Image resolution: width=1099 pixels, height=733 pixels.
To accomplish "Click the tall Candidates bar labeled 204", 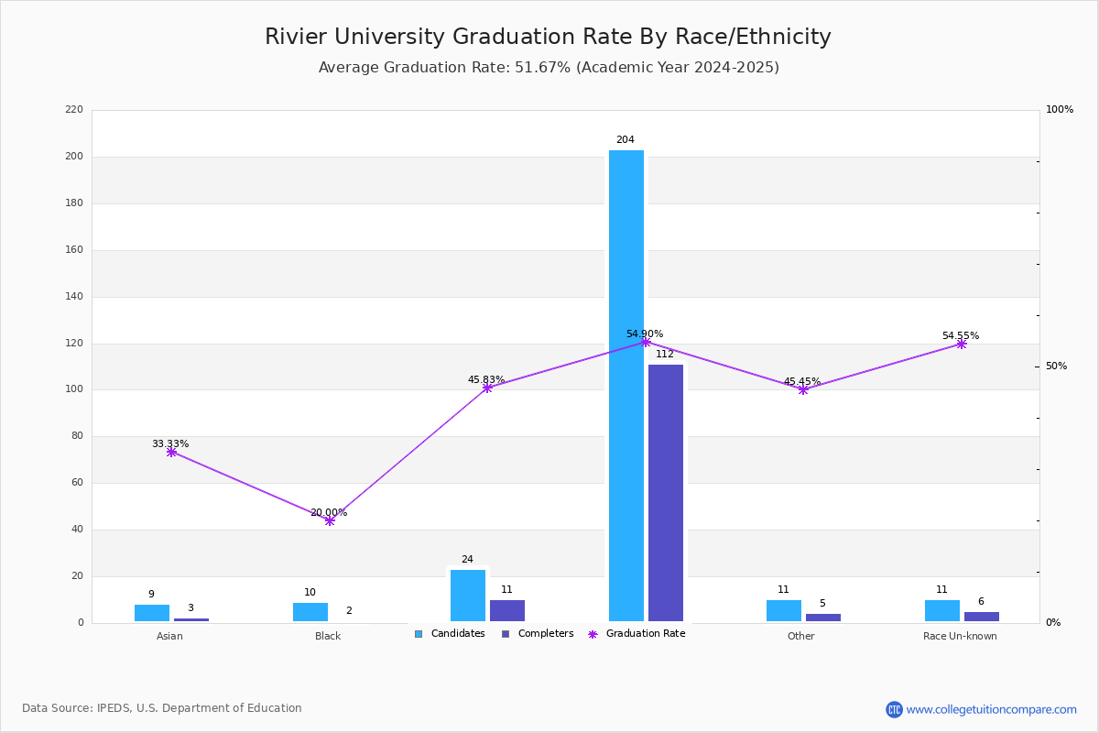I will point(626,385).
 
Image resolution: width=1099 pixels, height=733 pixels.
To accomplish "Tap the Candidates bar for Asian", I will point(152,613).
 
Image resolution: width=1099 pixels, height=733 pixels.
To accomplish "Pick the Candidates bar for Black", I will point(310,612).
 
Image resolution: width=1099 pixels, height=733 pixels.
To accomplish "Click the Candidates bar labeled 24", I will point(468,596).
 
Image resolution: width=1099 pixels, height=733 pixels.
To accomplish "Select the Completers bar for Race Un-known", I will point(981,617).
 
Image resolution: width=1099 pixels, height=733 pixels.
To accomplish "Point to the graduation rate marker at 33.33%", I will point(171,452).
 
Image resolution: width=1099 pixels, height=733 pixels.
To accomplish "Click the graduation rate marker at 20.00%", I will point(330,520).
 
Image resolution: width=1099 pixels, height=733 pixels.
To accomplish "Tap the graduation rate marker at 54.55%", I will point(961,344).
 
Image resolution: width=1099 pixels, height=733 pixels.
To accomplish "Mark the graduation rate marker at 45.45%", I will point(803,389).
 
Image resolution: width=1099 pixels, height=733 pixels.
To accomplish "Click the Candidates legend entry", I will point(450,634).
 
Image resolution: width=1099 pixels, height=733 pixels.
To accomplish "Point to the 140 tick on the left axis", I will point(74,297).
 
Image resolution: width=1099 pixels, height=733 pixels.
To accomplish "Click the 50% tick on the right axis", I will point(1056,366).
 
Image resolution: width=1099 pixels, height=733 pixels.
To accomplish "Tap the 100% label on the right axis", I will point(1059,110).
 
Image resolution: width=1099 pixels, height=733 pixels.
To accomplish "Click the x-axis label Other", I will point(800,636).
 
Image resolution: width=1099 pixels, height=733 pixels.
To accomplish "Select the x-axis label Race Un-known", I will point(960,636).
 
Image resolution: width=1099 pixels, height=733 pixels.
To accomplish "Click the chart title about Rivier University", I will point(548,37).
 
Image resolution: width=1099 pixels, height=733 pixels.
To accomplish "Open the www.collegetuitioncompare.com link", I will point(991,709).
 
